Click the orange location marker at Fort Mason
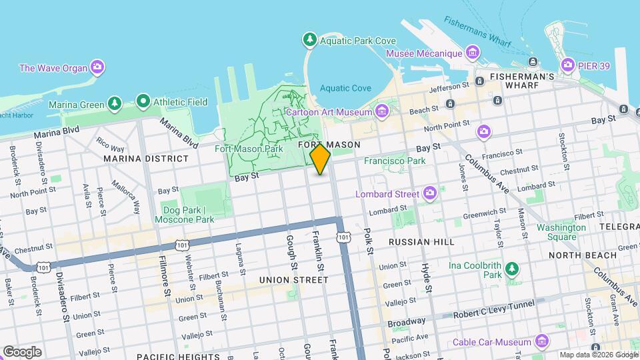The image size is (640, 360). (321, 159)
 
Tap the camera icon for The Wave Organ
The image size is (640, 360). (97, 67)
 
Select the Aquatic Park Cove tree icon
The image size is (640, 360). (309, 41)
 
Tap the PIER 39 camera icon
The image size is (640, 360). (567, 65)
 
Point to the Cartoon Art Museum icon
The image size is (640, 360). (381, 111)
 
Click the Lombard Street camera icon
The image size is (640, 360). (430, 193)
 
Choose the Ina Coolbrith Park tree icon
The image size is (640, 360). (511, 269)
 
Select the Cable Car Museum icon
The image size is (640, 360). (541, 342)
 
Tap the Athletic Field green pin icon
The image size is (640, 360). (143, 102)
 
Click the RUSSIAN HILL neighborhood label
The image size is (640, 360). (421, 242)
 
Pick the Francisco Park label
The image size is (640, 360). (394, 161)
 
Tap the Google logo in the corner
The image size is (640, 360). (21, 351)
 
